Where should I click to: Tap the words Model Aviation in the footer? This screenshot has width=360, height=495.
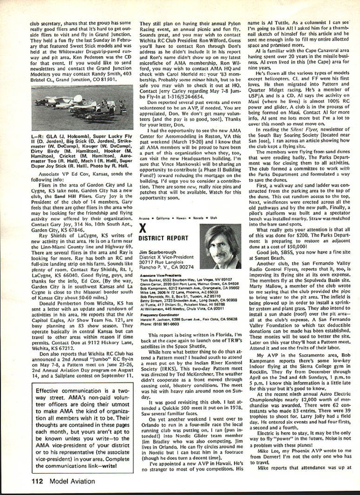click(72, 481)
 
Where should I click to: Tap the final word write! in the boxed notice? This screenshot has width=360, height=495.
click(109, 465)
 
